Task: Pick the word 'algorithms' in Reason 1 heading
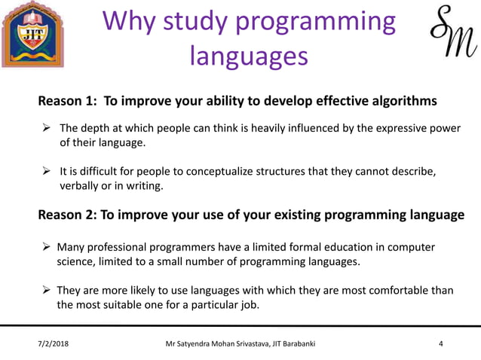click(x=401, y=101)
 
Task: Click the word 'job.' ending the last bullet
click(x=247, y=305)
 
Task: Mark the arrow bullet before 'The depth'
click(x=46, y=128)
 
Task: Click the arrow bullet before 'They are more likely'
click(x=46, y=291)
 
